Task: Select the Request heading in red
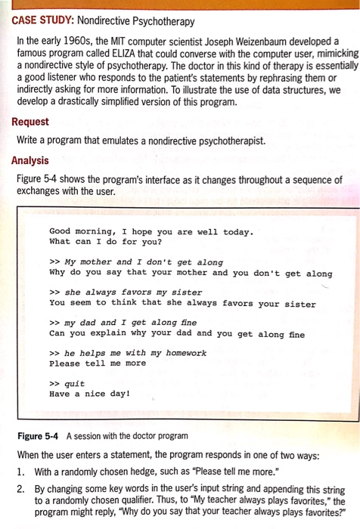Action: [x=30, y=122]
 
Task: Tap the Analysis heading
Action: [x=30, y=160]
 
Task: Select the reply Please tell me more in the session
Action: [x=98, y=363]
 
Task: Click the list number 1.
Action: [x=20, y=472]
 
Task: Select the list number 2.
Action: [x=20, y=489]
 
